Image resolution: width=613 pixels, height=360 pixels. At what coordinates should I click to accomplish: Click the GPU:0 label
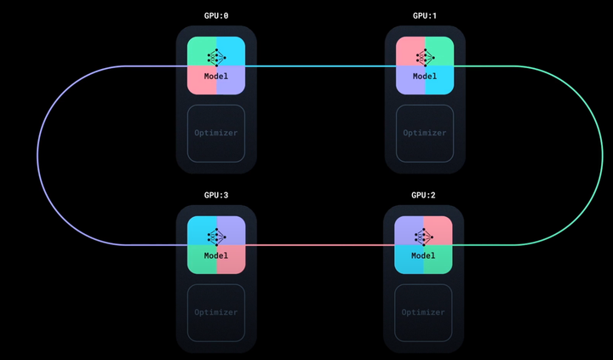click(216, 15)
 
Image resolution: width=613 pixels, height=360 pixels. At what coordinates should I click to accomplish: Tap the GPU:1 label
click(425, 15)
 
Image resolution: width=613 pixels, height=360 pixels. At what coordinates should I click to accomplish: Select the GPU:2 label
click(423, 195)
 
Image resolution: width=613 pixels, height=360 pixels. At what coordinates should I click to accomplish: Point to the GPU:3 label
click(216, 195)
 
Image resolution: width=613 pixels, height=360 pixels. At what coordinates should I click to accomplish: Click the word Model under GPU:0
click(216, 77)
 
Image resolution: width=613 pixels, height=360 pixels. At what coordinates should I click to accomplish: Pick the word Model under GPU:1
click(425, 77)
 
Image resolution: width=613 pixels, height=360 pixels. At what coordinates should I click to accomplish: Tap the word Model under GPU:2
click(423, 255)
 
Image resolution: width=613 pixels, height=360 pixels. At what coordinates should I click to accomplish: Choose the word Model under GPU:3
click(216, 255)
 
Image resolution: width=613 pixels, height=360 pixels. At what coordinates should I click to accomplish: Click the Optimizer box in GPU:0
click(216, 133)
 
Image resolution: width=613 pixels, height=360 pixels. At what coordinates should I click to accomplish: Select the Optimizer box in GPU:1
click(425, 133)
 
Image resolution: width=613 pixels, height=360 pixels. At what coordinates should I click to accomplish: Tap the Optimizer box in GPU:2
click(423, 312)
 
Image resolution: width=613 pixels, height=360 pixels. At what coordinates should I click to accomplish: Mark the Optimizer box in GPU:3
click(216, 312)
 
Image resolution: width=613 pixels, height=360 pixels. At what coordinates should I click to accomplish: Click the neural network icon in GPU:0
click(216, 57)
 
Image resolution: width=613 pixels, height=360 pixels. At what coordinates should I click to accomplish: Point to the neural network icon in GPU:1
click(425, 57)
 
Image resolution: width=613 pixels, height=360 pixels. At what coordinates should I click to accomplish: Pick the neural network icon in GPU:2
click(423, 236)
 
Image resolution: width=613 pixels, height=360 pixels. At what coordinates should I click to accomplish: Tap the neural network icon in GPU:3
click(216, 236)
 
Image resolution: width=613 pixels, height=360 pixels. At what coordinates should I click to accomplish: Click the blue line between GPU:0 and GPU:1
click(320, 66)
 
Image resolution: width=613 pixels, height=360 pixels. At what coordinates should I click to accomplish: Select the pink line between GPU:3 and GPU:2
click(320, 245)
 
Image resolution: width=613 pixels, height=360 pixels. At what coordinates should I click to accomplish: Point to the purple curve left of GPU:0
click(37, 155)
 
